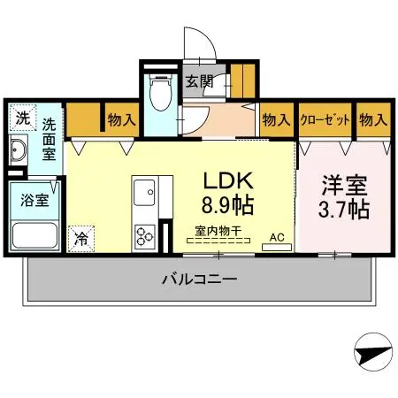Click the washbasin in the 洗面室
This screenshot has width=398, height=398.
tap(19, 151)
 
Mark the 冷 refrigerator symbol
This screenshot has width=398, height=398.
tap(80, 236)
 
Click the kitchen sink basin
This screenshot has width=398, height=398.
tap(143, 191)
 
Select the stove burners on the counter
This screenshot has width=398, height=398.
tap(143, 234)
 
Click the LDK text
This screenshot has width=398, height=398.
tap(229, 180)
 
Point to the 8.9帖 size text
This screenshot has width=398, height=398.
tap(229, 207)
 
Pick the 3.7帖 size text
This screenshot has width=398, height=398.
tap(344, 211)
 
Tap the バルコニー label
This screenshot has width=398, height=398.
tap(198, 280)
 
